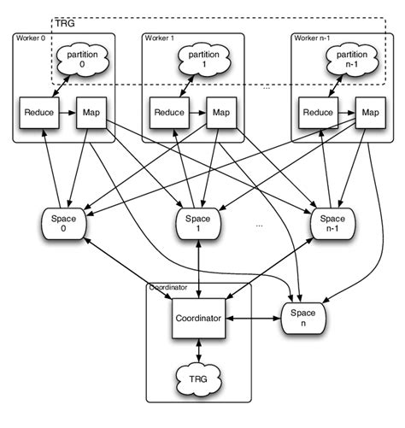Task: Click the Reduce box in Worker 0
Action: pyautogui.click(x=39, y=113)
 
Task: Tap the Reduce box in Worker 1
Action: pyautogui.click(x=168, y=113)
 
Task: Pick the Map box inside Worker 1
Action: pyautogui.click(x=220, y=113)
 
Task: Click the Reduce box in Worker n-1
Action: pyautogui.click(x=317, y=113)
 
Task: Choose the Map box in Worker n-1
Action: pyautogui.click(x=370, y=113)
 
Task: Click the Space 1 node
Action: pyautogui.click(x=198, y=225)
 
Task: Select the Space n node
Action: pyautogui.click(x=305, y=320)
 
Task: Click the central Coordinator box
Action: pyautogui.click(x=198, y=319)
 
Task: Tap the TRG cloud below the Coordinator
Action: pyautogui.click(x=198, y=376)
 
